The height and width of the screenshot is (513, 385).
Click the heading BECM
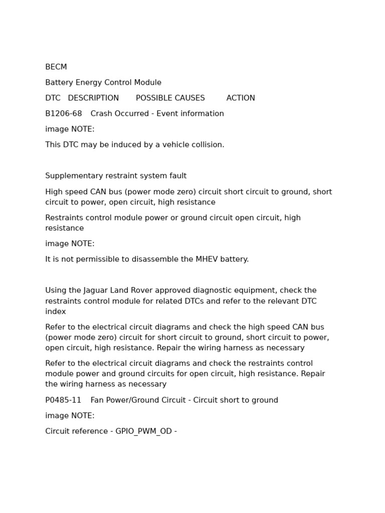56,67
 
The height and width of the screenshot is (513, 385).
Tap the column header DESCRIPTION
93,98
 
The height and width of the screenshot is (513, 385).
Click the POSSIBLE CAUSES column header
170,98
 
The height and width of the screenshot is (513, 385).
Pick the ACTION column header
241,98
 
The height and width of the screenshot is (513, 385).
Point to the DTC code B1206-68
63,114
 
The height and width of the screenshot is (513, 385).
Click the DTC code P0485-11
63,400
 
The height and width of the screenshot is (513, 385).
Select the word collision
207,145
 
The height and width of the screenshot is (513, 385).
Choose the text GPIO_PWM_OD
143,431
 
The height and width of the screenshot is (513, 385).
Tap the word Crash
101,114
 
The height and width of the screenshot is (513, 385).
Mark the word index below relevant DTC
55,312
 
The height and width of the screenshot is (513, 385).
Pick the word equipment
255,291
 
